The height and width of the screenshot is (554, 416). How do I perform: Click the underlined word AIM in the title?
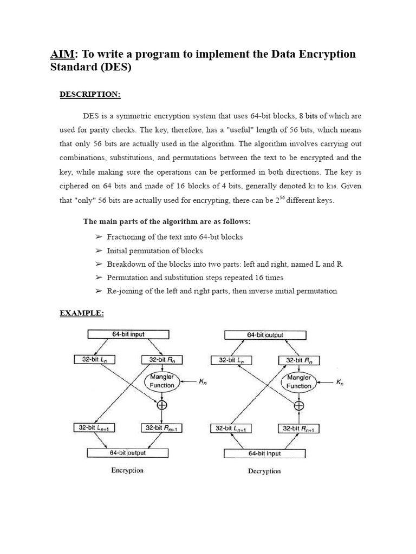61,55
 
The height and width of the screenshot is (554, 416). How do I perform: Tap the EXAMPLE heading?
81,314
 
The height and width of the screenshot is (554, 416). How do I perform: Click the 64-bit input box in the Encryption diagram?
128,335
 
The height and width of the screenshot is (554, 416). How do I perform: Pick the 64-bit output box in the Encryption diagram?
128,453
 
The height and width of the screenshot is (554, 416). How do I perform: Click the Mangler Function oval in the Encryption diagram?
162,381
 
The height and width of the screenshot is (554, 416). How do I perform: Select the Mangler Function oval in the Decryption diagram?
298,382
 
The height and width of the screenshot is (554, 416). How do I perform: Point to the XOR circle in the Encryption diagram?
162,405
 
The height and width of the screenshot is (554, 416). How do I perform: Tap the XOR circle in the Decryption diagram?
298,406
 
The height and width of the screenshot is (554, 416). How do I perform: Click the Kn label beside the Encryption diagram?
203,382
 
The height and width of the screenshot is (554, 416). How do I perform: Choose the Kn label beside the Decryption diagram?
340,382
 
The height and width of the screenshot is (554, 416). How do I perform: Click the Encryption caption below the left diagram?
127,470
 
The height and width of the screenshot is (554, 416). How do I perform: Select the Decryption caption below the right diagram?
264,471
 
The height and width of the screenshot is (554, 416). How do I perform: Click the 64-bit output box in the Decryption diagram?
265,335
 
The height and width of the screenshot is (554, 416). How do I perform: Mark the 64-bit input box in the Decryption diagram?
264,453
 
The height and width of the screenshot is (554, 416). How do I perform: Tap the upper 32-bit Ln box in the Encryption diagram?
94,359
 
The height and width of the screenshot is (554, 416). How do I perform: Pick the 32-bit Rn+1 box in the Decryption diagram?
299,429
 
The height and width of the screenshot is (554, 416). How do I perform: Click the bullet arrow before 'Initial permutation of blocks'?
99,250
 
